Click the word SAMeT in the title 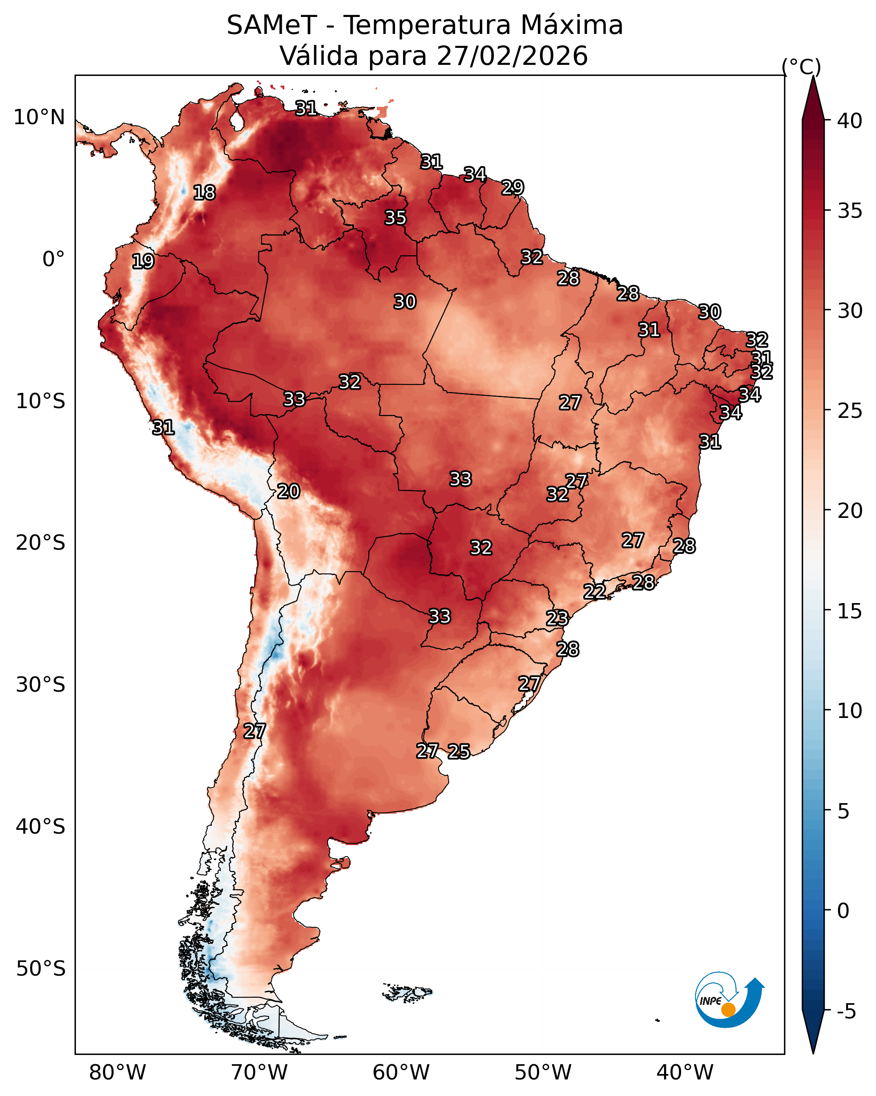(272, 25)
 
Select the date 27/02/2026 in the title (512, 56)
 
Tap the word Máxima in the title (571, 25)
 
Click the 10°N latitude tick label (39, 117)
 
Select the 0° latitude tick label (54, 259)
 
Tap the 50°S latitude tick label (41, 969)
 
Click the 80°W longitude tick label (117, 1073)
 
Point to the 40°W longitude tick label (685, 1073)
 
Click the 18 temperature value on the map (204, 193)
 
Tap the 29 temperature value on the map (512, 188)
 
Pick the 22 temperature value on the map (594, 592)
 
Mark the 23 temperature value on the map (557, 618)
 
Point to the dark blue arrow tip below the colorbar (813, 1052)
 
